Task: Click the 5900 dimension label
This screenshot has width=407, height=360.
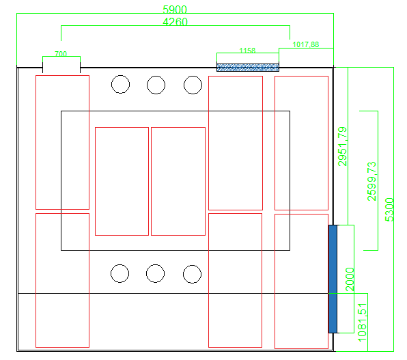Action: pyautogui.click(x=175, y=10)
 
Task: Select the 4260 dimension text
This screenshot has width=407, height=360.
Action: pyautogui.click(x=175, y=22)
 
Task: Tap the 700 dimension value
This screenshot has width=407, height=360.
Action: pyautogui.click(x=61, y=54)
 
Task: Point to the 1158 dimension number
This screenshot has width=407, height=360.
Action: pyautogui.click(x=247, y=50)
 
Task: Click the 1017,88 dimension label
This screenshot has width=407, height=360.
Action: pyautogui.click(x=306, y=44)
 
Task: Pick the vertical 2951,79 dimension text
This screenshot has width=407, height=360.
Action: pyautogui.click(x=342, y=146)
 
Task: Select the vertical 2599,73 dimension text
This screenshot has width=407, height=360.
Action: pyautogui.click(x=371, y=181)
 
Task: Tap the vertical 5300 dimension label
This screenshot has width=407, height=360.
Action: pyautogui.click(x=389, y=210)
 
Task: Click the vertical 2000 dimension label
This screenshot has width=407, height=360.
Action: pyautogui.click(x=350, y=279)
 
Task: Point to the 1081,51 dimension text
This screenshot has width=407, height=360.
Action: pyautogui.click(x=362, y=322)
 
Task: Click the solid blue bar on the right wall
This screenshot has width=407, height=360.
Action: pyautogui.click(x=333, y=279)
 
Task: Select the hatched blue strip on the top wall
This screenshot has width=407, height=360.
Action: pyautogui.click(x=248, y=68)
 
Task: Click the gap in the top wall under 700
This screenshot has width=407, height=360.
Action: pyautogui.click(x=61, y=68)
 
